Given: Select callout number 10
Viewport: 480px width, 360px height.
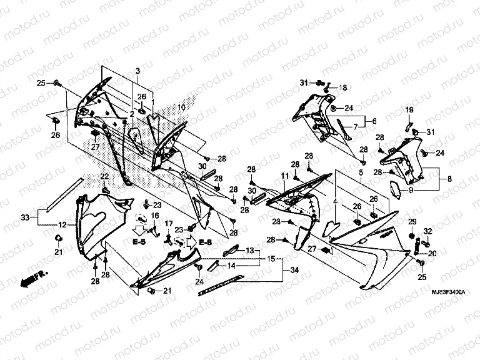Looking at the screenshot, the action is pos(182,107).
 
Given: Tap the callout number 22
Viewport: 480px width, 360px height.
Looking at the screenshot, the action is pos(105,176).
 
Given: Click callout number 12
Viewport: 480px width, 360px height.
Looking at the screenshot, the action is pos(63,224).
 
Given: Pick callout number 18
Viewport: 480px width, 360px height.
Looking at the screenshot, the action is pos(342,88).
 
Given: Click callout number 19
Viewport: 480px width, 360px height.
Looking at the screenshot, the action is pos(411,111).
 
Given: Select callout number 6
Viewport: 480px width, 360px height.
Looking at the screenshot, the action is pos(374,121).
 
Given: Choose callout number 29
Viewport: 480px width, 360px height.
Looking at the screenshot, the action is pos(412,222).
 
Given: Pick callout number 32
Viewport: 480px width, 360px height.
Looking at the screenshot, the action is pos(428,231).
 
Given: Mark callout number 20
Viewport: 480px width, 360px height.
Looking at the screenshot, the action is pos(432,254).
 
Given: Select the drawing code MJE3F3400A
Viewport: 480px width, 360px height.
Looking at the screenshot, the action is pos(447,291).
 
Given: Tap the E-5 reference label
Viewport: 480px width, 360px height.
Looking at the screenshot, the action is pos(139,241).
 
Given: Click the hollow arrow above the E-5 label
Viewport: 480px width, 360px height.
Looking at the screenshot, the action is pos(139,229).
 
